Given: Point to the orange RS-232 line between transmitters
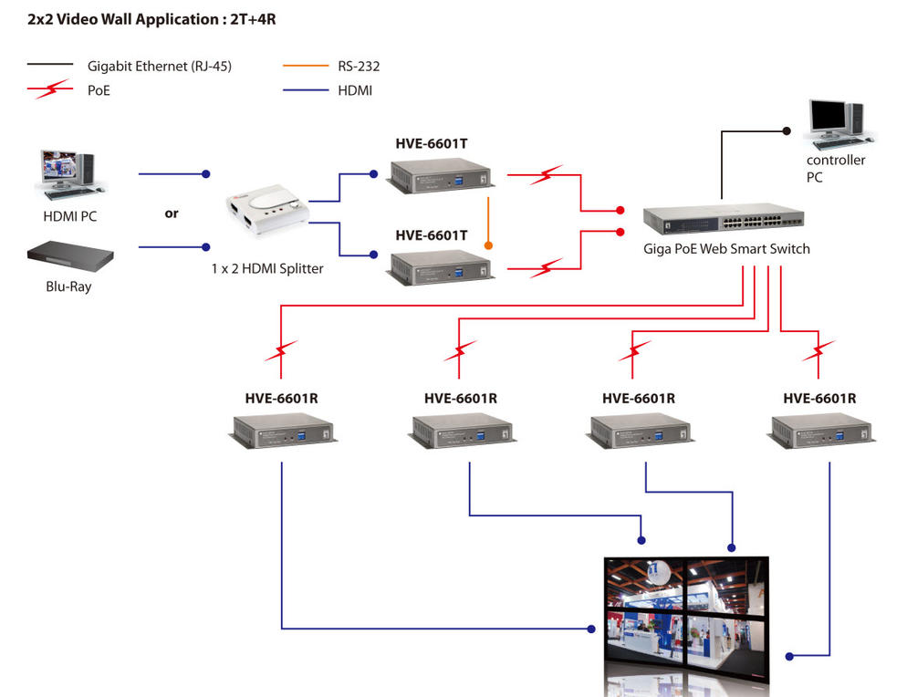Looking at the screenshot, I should pyautogui.click(x=489, y=219).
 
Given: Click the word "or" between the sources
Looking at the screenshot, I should pyautogui.click(x=172, y=213).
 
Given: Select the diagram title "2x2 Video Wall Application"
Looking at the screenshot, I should pyautogui.click(x=150, y=17).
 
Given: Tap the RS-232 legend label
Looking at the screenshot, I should pyautogui.click(x=358, y=66).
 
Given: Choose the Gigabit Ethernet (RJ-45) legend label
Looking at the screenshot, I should pyautogui.click(x=160, y=66).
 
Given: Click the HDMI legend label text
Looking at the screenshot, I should pyautogui.click(x=355, y=90).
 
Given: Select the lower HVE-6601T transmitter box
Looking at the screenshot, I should pyautogui.click(x=440, y=267).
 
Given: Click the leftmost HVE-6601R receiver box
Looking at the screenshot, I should pyautogui.click(x=282, y=431).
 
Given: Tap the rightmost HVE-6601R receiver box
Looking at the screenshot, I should pyautogui.click(x=823, y=431).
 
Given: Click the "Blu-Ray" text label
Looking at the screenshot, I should pyautogui.click(x=69, y=286).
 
